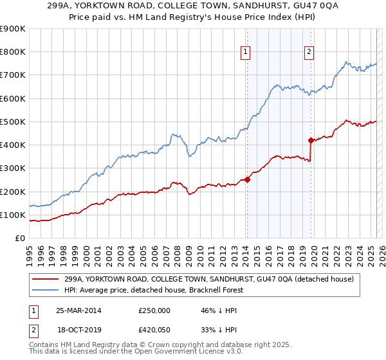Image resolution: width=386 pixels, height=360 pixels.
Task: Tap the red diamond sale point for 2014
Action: click(x=247, y=179)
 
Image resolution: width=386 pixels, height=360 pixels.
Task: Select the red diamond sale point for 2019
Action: click(x=311, y=139)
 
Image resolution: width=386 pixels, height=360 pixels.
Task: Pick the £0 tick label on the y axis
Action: click(x=20, y=239)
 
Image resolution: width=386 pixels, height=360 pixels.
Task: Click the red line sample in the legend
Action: click(x=46, y=280)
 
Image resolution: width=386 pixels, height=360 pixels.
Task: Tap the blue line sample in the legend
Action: click(x=46, y=291)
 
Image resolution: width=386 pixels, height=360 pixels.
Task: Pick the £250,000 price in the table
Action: click(x=154, y=310)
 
